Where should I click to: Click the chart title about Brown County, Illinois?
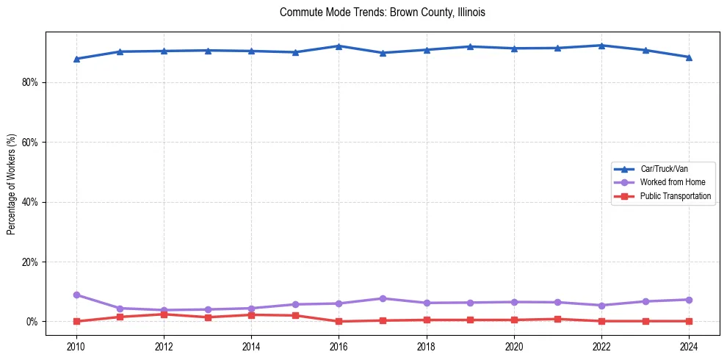coord(383,12)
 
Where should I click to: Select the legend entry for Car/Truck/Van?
coord(664,169)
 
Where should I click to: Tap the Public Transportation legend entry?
coord(675,196)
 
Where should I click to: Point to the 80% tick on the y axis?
coord(29,82)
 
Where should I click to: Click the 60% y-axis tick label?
coord(29,143)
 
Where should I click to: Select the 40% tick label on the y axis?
coord(29,202)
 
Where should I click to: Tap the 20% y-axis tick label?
coord(29,262)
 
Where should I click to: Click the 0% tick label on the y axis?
coord(32,322)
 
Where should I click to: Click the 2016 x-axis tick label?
coord(339,345)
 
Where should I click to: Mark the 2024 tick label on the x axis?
coord(689,345)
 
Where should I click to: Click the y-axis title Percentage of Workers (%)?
coord(12,184)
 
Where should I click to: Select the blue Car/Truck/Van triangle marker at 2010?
coord(76,59)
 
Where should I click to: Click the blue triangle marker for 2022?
coord(601,46)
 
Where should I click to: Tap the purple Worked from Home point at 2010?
coord(76,295)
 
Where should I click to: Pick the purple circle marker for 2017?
coord(383,298)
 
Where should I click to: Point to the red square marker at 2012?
coord(164,314)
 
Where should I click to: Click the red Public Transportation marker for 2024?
coord(689,321)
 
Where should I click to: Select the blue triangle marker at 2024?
coord(689,57)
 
